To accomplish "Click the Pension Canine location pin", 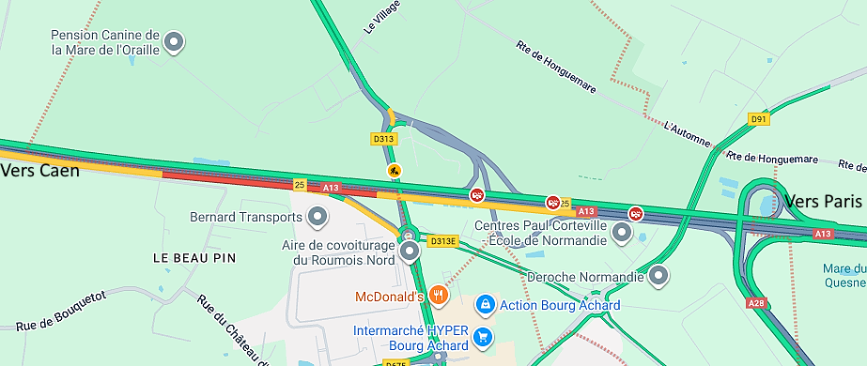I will (174, 41).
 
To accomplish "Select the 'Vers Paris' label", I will (823, 202).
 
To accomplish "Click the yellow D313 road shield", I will (382, 139).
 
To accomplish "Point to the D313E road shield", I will (442, 241).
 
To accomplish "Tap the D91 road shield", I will (758, 119).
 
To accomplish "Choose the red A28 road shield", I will (756, 303).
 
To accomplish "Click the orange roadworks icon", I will (395, 171).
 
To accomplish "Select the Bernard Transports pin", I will (318, 218).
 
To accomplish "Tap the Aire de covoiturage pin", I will (410, 251).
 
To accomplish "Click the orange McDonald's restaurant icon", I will (439, 297).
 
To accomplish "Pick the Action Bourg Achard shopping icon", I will (485, 305).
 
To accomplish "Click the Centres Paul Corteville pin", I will (622, 232).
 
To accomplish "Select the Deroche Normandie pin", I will (659, 277).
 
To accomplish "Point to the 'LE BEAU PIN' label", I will (194, 257).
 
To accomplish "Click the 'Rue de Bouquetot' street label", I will (60, 312).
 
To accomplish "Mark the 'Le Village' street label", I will (382, 17).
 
